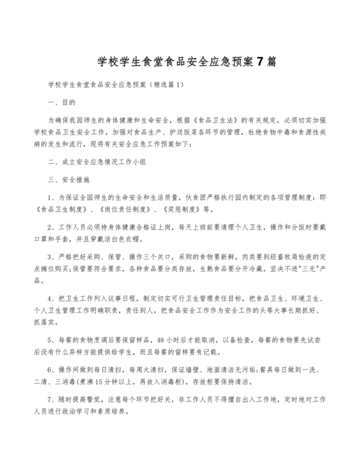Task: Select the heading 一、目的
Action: (x=62, y=102)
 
